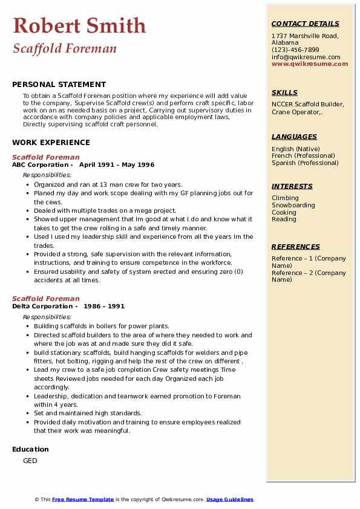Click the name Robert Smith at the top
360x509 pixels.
[79, 25]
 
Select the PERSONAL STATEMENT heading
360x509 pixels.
[59, 85]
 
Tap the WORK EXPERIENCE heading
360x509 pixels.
[51, 143]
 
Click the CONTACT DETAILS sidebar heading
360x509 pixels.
[306, 24]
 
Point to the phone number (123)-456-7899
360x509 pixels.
[295, 50]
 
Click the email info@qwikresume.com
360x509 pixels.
[306, 57]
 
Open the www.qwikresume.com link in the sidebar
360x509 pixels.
[310, 63]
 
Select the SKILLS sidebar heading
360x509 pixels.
[284, 92]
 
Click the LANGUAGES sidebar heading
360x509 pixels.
[294, 137]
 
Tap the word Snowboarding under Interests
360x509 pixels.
[293, 205]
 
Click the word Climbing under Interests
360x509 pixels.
[285, 198]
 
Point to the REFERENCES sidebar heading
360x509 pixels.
[296, 247]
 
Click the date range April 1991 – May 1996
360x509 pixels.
[117, 164]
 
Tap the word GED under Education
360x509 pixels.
[30, 461]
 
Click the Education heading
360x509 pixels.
[30, 449]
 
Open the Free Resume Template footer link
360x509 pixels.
[83, 499]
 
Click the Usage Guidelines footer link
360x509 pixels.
[230, 499]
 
